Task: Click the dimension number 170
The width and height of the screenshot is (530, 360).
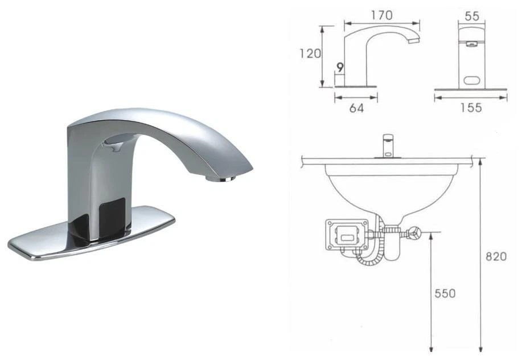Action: pyautogui.click(x=381, y=15)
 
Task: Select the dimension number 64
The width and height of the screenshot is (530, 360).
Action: pyautogui.click(x=356, y=108)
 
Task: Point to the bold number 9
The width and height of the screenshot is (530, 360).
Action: pyautogui.click(x=340, y=68)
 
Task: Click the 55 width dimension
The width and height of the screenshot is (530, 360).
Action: pyautogui.click(x=471, y=16)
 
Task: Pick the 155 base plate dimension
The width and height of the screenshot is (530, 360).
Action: pyautogui.click(x=470, y=108)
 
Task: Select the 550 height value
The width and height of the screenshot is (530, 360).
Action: pyautogui.click(x=445, y=293)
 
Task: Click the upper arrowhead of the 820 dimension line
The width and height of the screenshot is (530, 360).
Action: pyautogui.click(x=482, y=162)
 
